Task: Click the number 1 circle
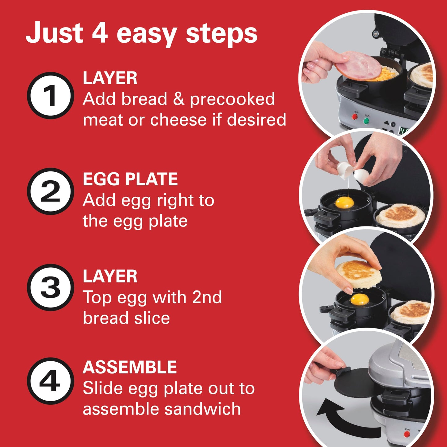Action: click(50, 95)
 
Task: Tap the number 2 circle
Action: click(50, 191)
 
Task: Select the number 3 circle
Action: click(50, 287)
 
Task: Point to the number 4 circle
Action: click(50, 381)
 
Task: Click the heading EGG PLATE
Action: click(130, 179)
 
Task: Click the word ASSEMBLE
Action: click(129, 367)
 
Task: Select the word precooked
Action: click(232, 99)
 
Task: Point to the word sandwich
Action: click(202, 409)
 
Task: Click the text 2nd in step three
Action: click(207, 297)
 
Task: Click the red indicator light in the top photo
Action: click(355, 117)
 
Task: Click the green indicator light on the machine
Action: click(367, 121)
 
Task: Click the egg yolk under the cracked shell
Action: click(344, 203)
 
